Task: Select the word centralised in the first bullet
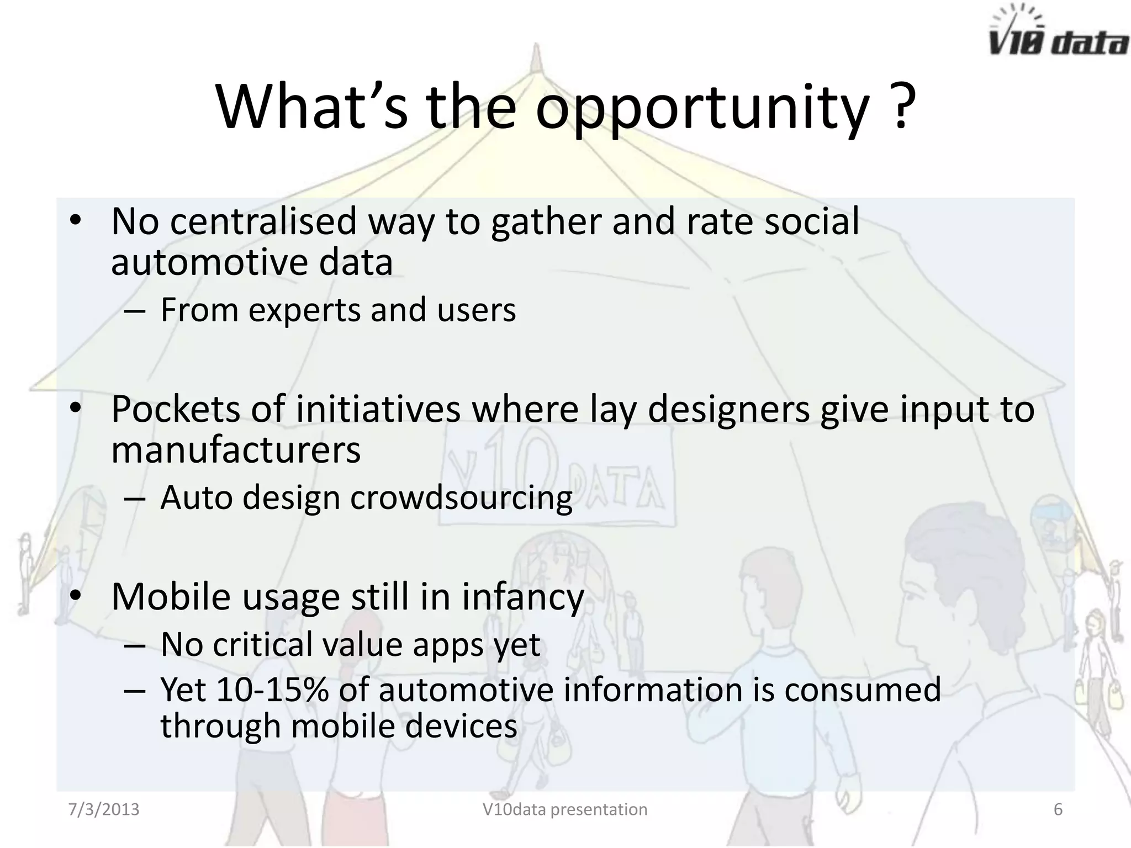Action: pyautogui.click(x=263, y=221)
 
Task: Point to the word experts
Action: pyautogui.click(x=305, y=311)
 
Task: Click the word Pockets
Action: pyautogui.click(x=176, y=410)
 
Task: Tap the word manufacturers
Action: pyautogui.click(x=236, y=450)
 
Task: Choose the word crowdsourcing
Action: pyautogui.click(x=461, y=499)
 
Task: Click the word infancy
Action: pyautogui.click(x=522, y=598)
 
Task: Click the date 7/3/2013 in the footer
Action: pyautogui.click(x=104, y=809)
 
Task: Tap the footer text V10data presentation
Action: pyautogui.click(x=565, y=809)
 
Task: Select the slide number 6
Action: pyautogui.click(x=1058, y=809)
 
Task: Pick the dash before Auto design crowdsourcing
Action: pyautogui.click(x=135, y=499)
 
